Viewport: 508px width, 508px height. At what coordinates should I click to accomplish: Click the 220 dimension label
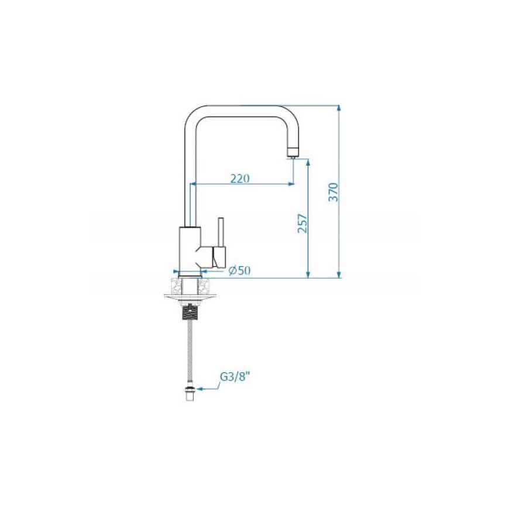click(x=239, y=178)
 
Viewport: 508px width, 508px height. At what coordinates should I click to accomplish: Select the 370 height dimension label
click(x=332, y=192)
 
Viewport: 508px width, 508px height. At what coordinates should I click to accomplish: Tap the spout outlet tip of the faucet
click(x=291, y=156)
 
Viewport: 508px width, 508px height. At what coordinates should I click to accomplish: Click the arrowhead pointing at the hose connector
click(x=199, y=387)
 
